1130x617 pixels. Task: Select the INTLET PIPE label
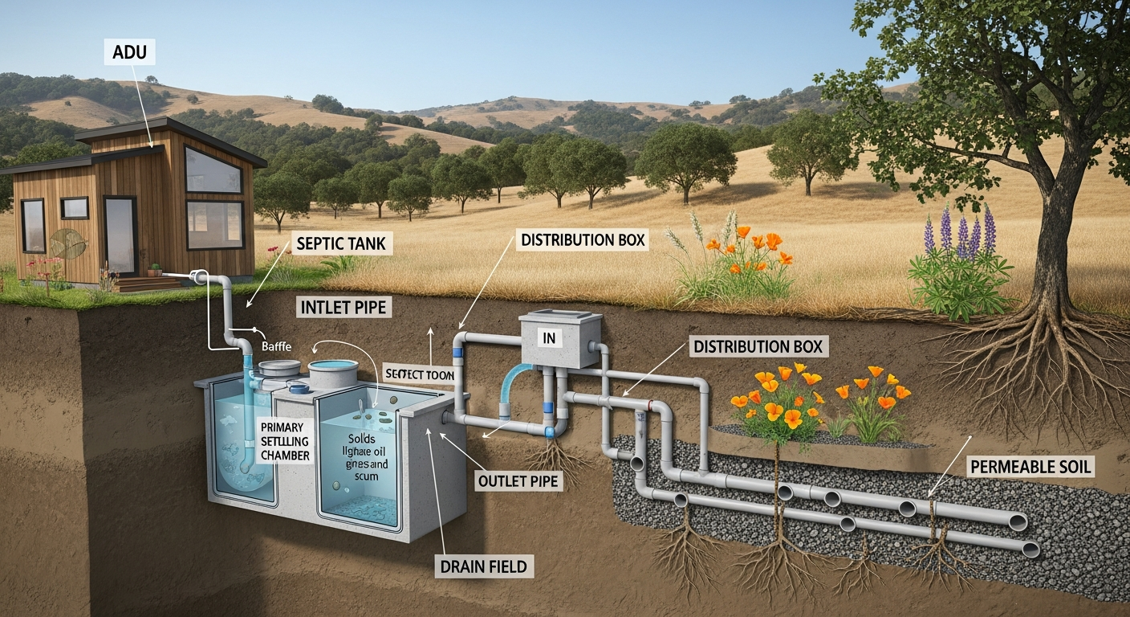[343, 306]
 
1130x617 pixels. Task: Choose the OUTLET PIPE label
[518, 481]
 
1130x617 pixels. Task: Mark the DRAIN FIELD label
[483, 566]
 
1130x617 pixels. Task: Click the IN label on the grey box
[550, 338]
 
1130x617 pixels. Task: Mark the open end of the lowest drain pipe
[1030, 550]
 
